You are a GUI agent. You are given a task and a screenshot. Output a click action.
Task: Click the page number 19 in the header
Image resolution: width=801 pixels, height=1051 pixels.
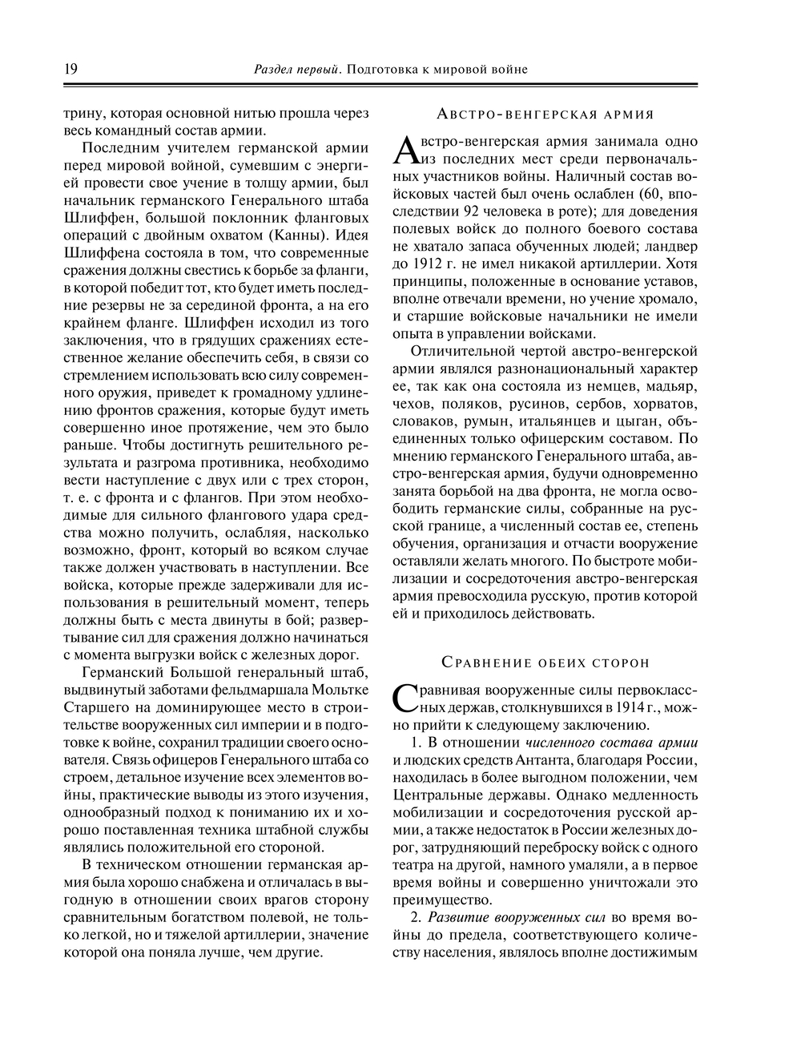point(70,69)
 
